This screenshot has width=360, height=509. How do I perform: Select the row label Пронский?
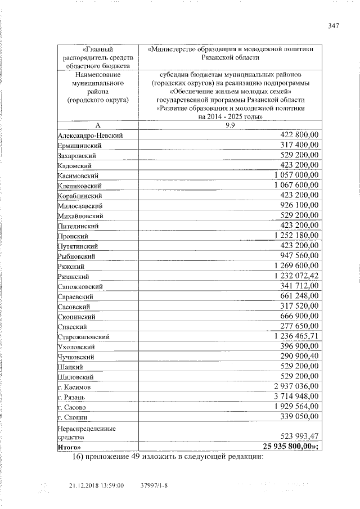coord(73,237)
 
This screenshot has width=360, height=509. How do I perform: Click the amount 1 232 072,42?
coord(296,275)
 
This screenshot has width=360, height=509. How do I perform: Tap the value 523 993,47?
coord(299,436)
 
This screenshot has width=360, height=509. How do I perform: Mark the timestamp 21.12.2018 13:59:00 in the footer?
coord(96,485)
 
